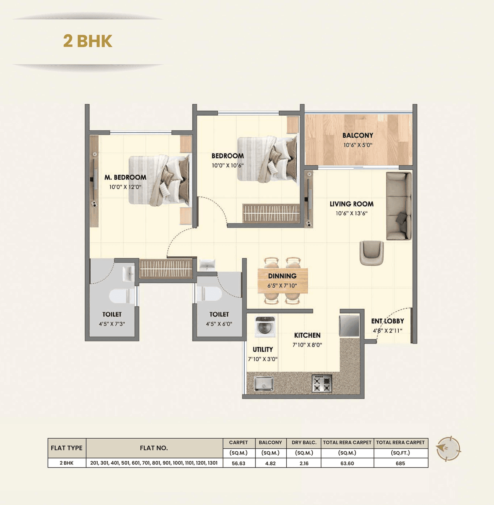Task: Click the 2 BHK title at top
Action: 88,41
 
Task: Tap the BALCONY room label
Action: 358,135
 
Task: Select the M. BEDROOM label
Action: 125,177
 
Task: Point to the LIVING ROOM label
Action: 352,204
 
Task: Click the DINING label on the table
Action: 283,276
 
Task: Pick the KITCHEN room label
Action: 307,335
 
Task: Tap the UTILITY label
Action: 263,349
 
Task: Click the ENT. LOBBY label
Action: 387,321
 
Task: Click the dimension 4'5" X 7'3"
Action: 112,324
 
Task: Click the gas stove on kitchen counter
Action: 322,383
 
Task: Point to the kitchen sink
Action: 264,384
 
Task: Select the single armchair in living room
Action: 372,253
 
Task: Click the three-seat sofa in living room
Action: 399,206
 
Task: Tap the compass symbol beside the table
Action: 448,448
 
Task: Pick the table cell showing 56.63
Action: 239,463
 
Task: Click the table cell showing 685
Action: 400,463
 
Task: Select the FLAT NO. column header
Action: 154,448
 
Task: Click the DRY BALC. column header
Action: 304,443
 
